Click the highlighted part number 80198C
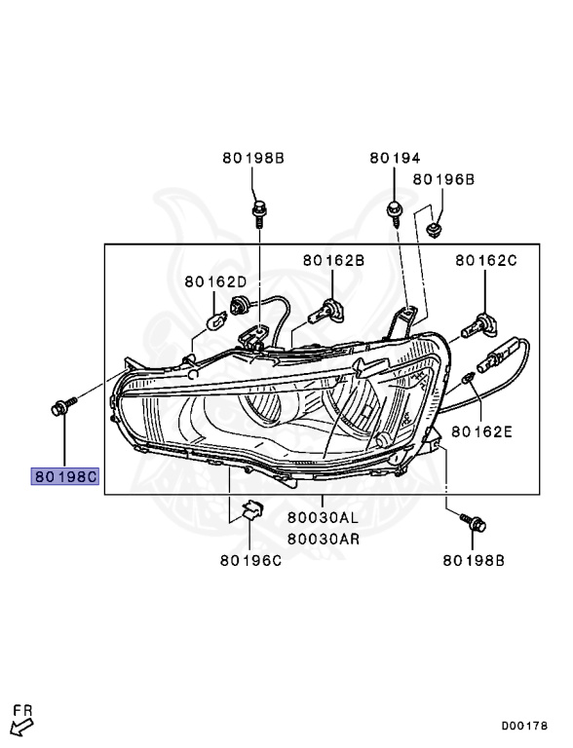(x=65, y=476)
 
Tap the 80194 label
(x=395, y=158)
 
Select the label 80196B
(x=443, y=179)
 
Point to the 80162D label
(x=215, y=281)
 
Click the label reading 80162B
(x=333, y=260)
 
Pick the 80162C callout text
(x=485, y=260)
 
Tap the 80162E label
(x=481, y=431)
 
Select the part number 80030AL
(x=323, y=517)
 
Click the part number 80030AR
(x=323, y=539)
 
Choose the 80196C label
(x=250, y=561)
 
